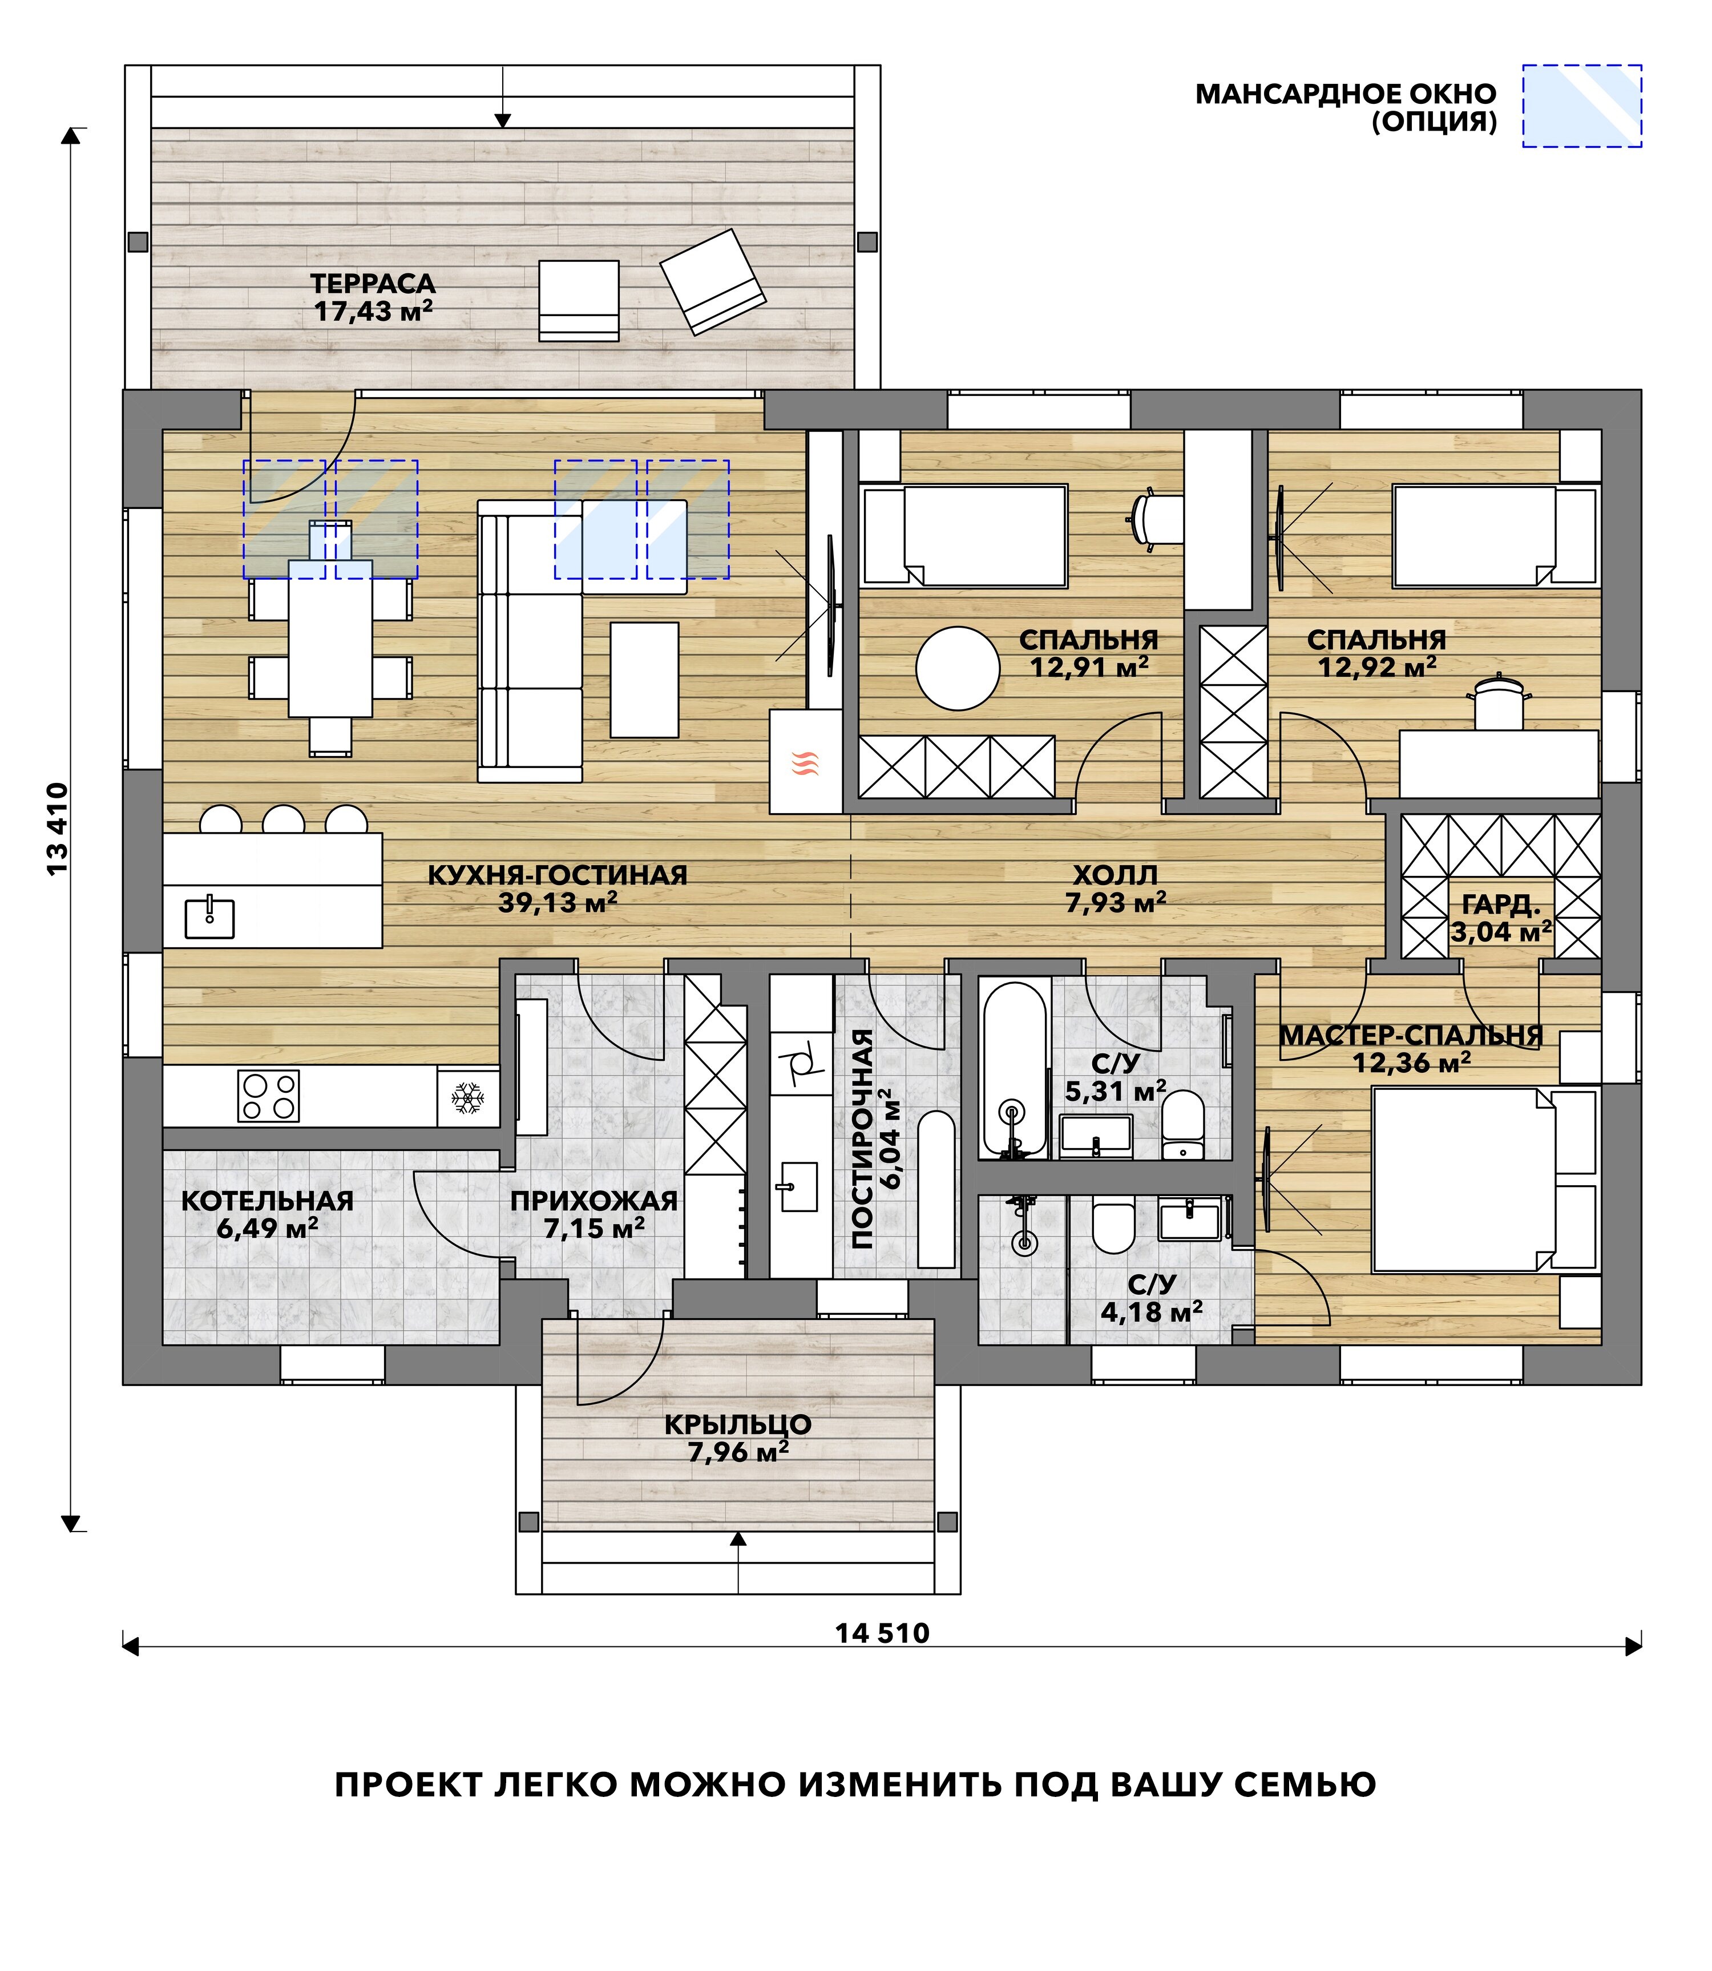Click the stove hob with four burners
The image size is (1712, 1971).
268,1096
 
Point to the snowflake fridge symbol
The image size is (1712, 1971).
467,1098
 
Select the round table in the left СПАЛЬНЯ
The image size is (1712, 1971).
957,668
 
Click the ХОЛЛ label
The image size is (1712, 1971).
1115,874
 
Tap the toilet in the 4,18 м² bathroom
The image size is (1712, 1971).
1112,1226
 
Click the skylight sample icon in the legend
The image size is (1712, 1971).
1582,106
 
